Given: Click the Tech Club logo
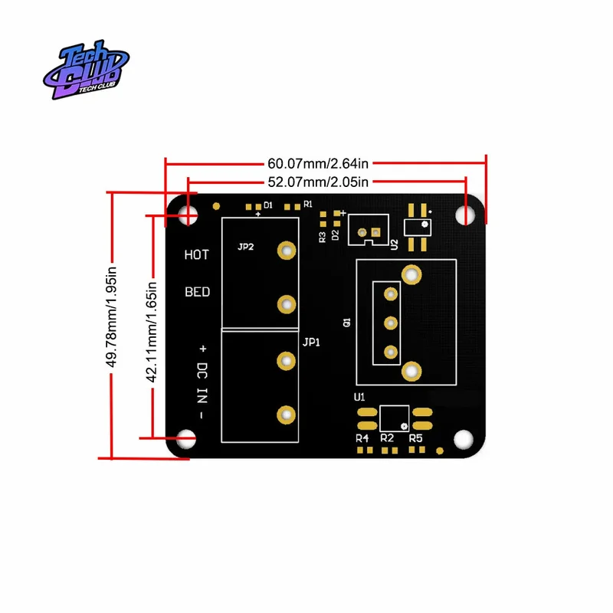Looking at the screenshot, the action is point(86,69).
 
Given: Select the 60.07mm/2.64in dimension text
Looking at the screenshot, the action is point(318,163).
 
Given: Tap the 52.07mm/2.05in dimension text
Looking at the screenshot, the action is point(318,182).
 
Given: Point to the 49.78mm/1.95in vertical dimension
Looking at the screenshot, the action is point(112,317).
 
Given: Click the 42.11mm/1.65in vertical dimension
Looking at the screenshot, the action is point(152,333).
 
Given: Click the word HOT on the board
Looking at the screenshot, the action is point(197,255).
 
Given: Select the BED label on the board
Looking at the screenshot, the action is point(198,292).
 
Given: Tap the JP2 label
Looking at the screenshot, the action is point(245,247).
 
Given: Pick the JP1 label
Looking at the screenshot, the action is point(311,343).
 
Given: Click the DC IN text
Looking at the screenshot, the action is point(202,383).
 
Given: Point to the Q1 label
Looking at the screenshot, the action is point(347,322).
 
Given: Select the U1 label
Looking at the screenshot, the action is point(359,397).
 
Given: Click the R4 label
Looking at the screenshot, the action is point(362,438).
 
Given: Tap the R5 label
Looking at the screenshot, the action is point(415,438).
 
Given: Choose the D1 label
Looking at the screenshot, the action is point(267,205).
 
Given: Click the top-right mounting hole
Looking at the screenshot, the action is point(465,215).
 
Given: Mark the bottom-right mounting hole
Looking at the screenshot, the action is point(464,439).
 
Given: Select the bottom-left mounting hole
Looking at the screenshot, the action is point(186,439).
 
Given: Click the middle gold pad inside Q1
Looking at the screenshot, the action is point(391,323).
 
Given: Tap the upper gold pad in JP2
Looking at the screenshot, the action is point(287,251).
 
